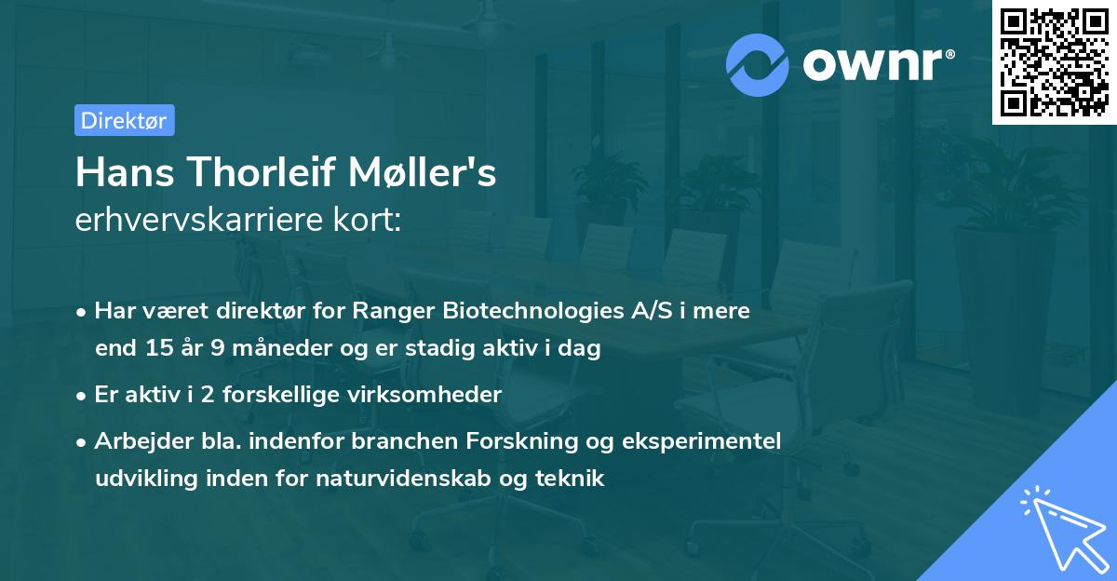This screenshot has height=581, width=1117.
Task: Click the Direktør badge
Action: click(x=124, y=120)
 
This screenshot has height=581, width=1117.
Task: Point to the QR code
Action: click(x=1054, y=62)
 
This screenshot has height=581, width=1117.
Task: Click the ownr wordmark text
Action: click(x=874, y=64)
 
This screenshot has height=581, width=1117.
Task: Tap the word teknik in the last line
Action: click(x=573, y=479)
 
